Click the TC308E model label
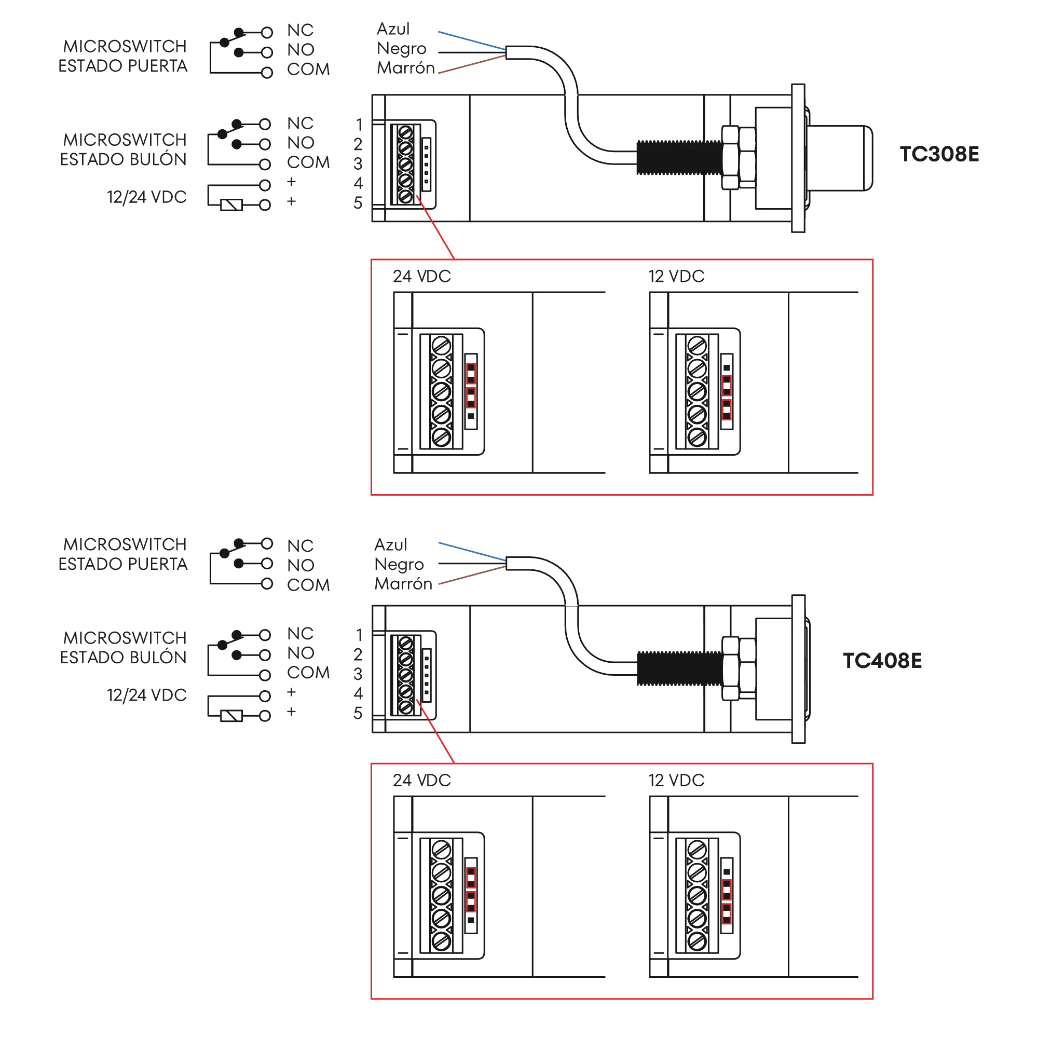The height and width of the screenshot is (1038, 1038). click(x=938, y=155)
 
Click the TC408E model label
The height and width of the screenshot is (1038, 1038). click(x=882, y=661)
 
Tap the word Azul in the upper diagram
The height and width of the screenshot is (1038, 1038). click(x=393, y=29)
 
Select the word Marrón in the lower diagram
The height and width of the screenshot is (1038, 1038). click(x=402, y=584)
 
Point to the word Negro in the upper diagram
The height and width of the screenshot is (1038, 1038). click(x=402, y=49)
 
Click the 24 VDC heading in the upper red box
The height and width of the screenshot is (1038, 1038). click(x=421, y=276)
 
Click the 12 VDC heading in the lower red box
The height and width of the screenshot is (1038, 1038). click(x=676, y=780)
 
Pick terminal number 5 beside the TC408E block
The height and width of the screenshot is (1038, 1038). click(x=358, y=713)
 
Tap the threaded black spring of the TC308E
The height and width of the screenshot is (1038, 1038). click(x=678, y=157)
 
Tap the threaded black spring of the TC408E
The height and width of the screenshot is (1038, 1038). click(x=678, y=668)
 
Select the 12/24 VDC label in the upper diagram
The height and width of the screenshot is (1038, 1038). click(x=146, y=197)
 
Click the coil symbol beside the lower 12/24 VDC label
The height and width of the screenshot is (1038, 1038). click(x=233, y=715)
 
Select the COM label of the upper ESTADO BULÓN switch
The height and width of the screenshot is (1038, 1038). click(x=308, y=162)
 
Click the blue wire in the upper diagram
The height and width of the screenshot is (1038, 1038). click(x=470, y=41)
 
